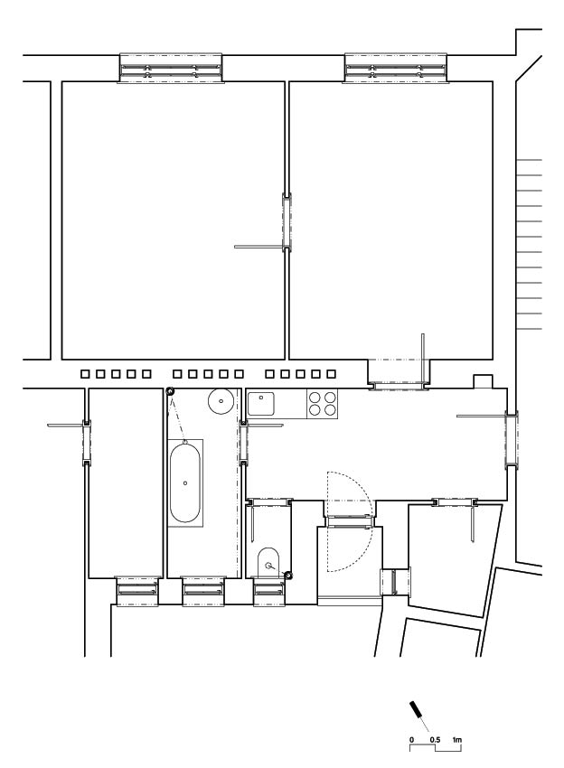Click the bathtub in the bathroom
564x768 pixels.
tap(185, 483)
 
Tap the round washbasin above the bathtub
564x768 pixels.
tap(221, 401)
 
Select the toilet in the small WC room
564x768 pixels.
tap(268, 562)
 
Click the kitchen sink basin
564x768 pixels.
tap(261, 404)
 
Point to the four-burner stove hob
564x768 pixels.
tap(323, 404)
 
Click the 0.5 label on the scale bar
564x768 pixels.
tap(435, 740)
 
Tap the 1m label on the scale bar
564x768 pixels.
tap(456, 740)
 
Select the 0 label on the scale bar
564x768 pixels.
tap(411, 740)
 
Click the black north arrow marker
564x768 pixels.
tap(416, 709)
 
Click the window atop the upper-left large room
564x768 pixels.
tap(171, 68)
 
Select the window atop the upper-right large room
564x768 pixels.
tap(396, 68)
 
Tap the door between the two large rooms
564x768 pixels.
tap(287, 222)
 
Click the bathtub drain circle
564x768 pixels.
tap(185, 483)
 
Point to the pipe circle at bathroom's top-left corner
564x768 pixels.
tap(170, 392)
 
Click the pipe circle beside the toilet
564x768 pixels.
tap(288, 575)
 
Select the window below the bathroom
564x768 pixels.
tap(203, 591)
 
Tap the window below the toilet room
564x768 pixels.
tap(269, 592)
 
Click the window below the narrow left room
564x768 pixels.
tap(137, 591)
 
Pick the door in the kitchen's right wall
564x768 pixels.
tap(512, 439)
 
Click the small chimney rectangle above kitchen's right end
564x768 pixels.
tap(483, 382)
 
